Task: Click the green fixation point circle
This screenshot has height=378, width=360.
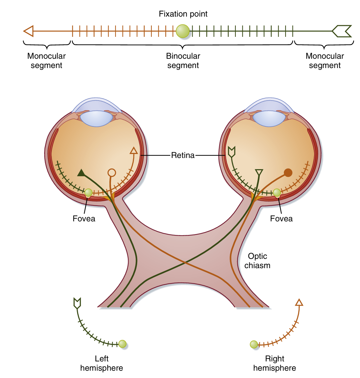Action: tap(182, 31)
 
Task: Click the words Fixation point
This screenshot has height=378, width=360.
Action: tap(183, 14)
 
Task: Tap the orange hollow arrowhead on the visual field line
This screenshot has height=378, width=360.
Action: tap(29, 31)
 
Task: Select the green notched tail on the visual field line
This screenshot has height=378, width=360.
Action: tap(342, 31)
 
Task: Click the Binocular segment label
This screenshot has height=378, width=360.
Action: tap(183, 61)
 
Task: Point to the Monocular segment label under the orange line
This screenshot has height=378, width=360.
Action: tap(46, 61)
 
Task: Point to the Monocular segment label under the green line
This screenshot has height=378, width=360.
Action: tap(325, 61)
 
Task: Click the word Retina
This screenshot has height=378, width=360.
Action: tap(183, 155)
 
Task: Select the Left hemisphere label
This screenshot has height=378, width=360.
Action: tap(102, 363)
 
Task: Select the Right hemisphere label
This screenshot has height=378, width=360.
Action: tap(275, 363)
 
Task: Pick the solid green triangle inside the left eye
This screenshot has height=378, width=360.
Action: tap(81, 173)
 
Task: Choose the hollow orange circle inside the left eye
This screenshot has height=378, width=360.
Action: tap(112, 173)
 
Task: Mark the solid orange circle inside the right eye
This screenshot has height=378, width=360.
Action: tap(288, 173)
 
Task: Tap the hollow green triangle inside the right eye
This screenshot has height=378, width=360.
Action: tap(259, 173)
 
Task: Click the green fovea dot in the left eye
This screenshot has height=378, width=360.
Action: tap(88, 192)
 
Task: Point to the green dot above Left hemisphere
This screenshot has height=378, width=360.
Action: tap(123, 344)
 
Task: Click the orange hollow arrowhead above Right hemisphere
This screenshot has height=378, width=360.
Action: tap(299, 302)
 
